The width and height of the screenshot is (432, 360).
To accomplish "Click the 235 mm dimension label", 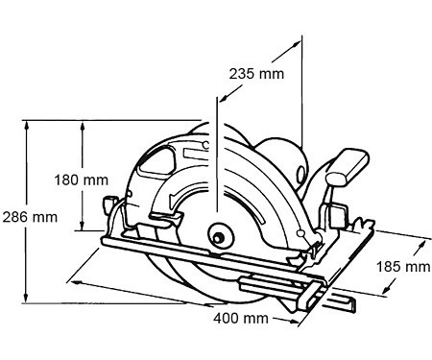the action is (x=256, y=74).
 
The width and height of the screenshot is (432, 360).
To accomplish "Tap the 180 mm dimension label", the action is (x=82, y=180).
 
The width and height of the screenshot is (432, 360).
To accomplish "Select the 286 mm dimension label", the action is (x=30, y=217).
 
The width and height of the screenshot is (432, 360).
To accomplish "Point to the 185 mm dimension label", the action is (x=403, y=267).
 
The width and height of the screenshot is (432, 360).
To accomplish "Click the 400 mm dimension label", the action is (x=241, y=319).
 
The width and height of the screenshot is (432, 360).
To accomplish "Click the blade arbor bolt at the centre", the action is (x=219, y=238).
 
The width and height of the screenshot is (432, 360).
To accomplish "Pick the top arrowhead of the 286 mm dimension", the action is (x=27, y=125).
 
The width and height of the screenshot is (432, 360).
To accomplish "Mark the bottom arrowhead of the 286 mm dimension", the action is (x=27, y=299).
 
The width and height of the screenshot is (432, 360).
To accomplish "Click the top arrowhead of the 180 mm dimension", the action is (x=83, y=126).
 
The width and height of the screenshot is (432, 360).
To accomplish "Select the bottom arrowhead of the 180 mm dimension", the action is (x=83, y=226).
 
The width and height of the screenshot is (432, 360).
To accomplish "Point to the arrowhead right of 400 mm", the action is (x=294, y=321).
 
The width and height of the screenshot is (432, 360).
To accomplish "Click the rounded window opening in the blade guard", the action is (x=156, y=162).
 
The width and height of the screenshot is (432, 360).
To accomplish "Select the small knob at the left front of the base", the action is (x=109, y=205).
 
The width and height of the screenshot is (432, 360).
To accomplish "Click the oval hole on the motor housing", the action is (x=300, y=175).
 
